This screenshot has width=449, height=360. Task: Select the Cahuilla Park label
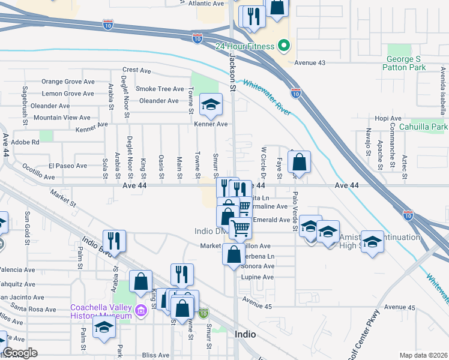click(427, 127)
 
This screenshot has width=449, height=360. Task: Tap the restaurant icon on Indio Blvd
click(114, 241)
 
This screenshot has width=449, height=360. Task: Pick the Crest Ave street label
click(135, 70)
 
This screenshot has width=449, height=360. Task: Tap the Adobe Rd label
click(25, 142)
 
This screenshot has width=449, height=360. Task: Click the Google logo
click(20, 353)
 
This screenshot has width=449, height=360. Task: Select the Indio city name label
click(245, 334)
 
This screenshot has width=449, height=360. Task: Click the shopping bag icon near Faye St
click(299, 162)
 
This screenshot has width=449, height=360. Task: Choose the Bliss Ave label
click(156, 355)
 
